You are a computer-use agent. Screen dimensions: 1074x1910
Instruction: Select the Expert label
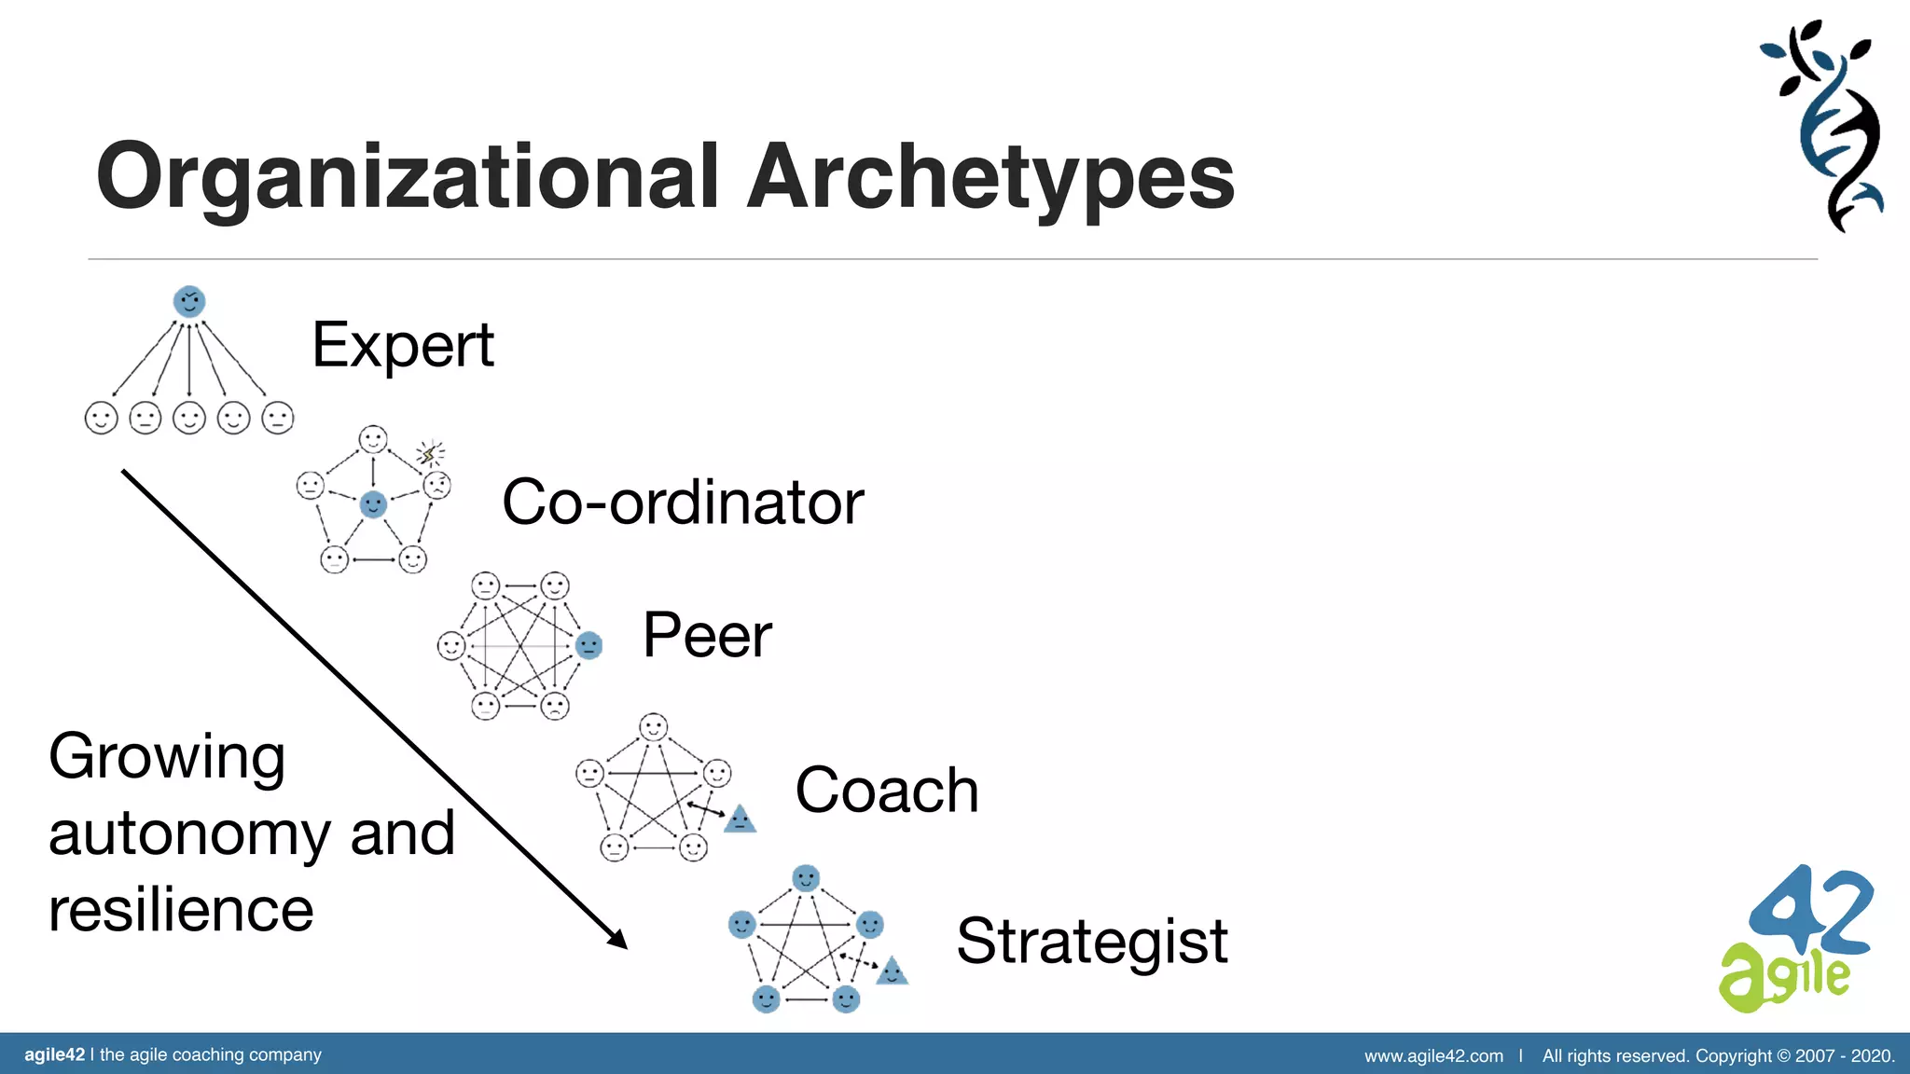tap(402, 346)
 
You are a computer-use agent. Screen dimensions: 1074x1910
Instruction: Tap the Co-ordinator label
tap(683, 503)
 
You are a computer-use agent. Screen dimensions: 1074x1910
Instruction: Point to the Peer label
tap(707, 636)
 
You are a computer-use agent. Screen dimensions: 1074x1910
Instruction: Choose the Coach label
tap(886, 791)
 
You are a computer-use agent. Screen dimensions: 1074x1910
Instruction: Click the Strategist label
tap(1091, 941)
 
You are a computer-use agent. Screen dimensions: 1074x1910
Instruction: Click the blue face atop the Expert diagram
tap(189, 301)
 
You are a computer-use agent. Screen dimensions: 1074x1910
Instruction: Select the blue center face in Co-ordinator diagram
tap(373, 504)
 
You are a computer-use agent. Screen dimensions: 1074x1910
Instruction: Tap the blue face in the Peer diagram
tap(588, 645)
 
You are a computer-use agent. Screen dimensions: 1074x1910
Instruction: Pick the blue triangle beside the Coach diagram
tap(740, 819)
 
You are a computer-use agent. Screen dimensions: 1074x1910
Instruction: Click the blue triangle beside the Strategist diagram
tap(892, 971)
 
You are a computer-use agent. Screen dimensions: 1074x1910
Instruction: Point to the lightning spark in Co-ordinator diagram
tap(429, 454)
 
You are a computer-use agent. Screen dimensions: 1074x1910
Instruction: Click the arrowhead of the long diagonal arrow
tap(618, 940)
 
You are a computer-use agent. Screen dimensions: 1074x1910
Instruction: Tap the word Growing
tap(167, 757)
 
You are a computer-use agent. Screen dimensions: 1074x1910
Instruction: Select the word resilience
tap(181, 910)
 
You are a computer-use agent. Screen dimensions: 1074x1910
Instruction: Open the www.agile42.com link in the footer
tap(1433, 1056)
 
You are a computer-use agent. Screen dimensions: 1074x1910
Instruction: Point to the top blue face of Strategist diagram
tap(806, 878)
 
